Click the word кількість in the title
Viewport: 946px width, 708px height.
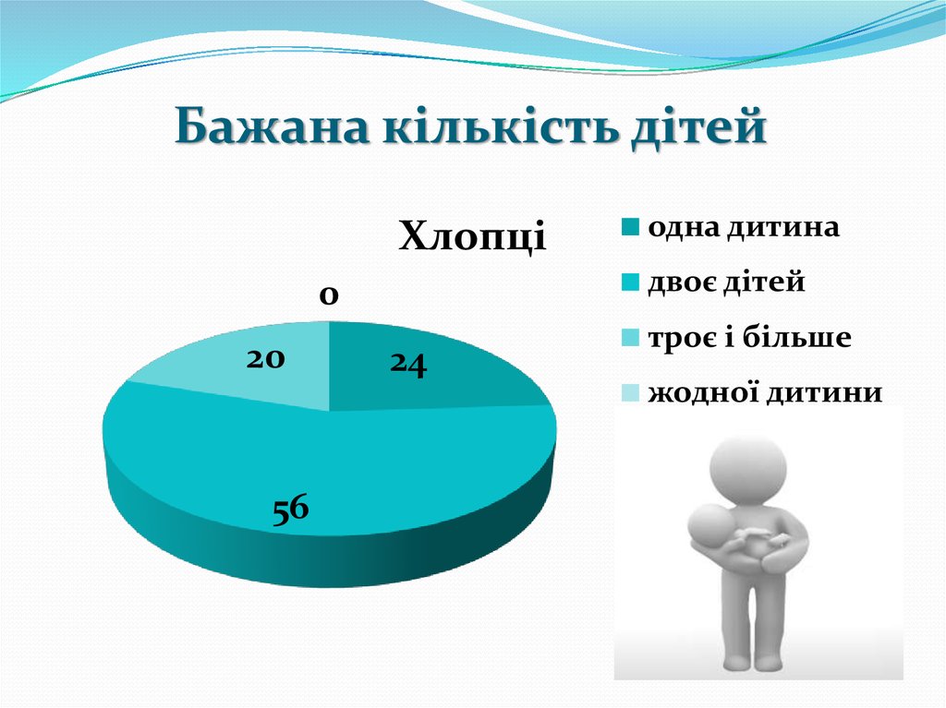pyautogui.click(x=482, y=127)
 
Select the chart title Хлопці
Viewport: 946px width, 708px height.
pyautogui.click(x=472, y=236)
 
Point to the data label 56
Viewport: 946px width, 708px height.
pyautogui.click(x=289, y=510)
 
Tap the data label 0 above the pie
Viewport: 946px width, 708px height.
pyautogui.click(x=329, y=295)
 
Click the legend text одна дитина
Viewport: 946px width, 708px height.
pyautogui.click(x=744, y=227)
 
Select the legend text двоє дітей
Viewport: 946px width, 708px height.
pyautogui.click(x=726, y=282)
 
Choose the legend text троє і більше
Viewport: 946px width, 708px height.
pyautogui.click(x=749, y=338)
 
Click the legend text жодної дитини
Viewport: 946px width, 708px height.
pyautogui.click(x=765, y=393)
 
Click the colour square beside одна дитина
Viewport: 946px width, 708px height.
pyautogui.click(x=629, y=228)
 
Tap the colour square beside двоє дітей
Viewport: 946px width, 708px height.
pyautogui.click(x=629, y=283)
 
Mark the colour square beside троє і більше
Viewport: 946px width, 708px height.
pyautogui.click(x=629, y=339)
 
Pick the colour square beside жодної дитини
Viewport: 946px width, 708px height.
pyautogui.click(x=629, y=394)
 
